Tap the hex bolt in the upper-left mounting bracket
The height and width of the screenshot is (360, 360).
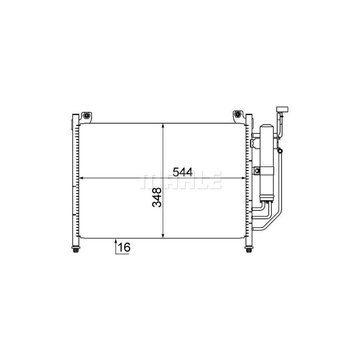(86, 116)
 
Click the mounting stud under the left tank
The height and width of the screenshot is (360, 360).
(76, 250)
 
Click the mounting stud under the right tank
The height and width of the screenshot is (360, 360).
(248, 250)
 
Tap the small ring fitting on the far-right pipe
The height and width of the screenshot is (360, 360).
(280, 151)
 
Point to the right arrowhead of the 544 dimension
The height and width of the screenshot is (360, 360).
(243, 178)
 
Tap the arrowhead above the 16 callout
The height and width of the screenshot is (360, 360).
(116, 241)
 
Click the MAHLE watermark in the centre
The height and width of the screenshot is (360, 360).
(180, 180)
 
